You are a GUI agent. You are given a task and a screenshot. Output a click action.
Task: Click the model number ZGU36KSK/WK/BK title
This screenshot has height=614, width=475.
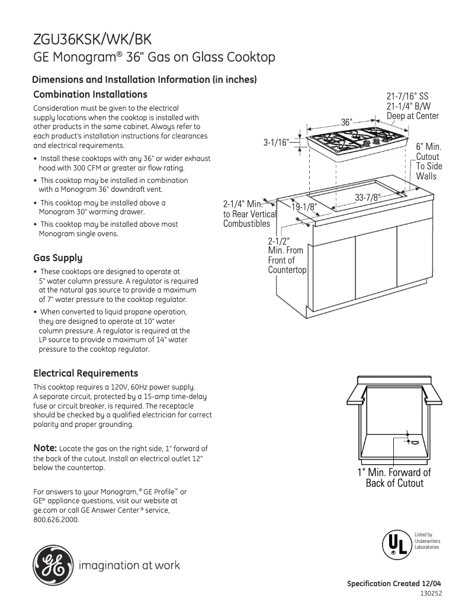coord(92,40)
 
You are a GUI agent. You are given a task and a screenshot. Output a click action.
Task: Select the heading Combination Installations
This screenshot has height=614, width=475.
coord(90,95)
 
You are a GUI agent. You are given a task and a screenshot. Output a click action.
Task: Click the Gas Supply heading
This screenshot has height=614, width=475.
coord(57,258)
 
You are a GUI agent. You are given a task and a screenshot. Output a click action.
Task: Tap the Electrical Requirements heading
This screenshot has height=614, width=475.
coord(85,373)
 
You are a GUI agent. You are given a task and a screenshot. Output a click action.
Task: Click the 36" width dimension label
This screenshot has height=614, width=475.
coord(347,121)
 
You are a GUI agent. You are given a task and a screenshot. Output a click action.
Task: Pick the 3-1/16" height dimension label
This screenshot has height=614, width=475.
coord(275,142)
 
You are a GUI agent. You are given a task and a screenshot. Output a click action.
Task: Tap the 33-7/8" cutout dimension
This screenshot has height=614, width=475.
coord(367,198)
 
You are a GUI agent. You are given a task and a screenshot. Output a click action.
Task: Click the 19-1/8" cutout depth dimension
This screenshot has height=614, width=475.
coord(304,207)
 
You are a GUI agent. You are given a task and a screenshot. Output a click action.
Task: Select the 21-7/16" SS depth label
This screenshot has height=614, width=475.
coord(407,96)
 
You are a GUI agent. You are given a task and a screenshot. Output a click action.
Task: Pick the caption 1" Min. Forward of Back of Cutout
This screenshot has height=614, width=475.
coord(394,478)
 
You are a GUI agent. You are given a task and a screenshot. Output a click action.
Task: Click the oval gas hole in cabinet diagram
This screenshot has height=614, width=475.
coord(415,442)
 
